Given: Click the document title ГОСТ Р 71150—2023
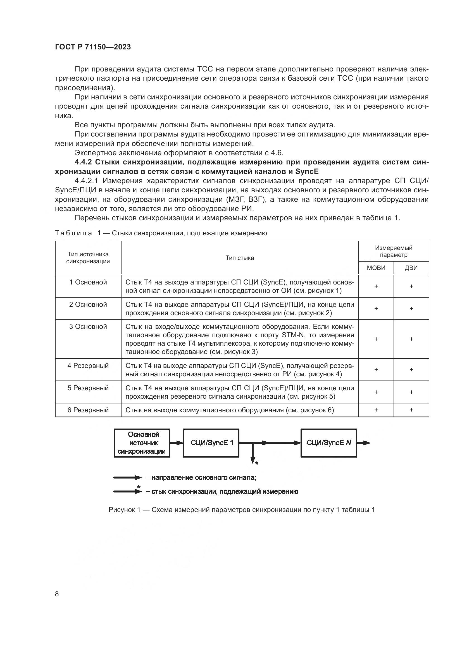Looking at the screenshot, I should click(93, 47).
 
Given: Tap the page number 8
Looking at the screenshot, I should click(57, 594).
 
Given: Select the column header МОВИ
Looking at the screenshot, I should click(376, 268).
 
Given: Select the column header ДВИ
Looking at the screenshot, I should click(411, 268).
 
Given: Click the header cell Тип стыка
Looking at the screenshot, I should click(240, 258).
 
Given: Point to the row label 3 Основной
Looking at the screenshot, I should click(88, 327).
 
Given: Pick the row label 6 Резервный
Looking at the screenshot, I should click(88, 410).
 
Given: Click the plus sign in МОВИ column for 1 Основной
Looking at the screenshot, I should click(376, 286).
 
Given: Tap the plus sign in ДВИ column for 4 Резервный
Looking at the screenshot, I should click(411, 370).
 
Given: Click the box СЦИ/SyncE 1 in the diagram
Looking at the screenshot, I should click(211, 443).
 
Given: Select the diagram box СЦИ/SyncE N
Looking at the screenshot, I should click(328, 443).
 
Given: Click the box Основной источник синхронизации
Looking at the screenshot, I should click(142, 443).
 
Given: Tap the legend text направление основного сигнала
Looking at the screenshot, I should click(203, 477).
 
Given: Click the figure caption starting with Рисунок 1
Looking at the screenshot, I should click(242, 510).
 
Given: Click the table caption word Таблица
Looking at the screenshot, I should click(73, 233).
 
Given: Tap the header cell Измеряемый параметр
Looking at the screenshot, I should click(394, 251).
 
